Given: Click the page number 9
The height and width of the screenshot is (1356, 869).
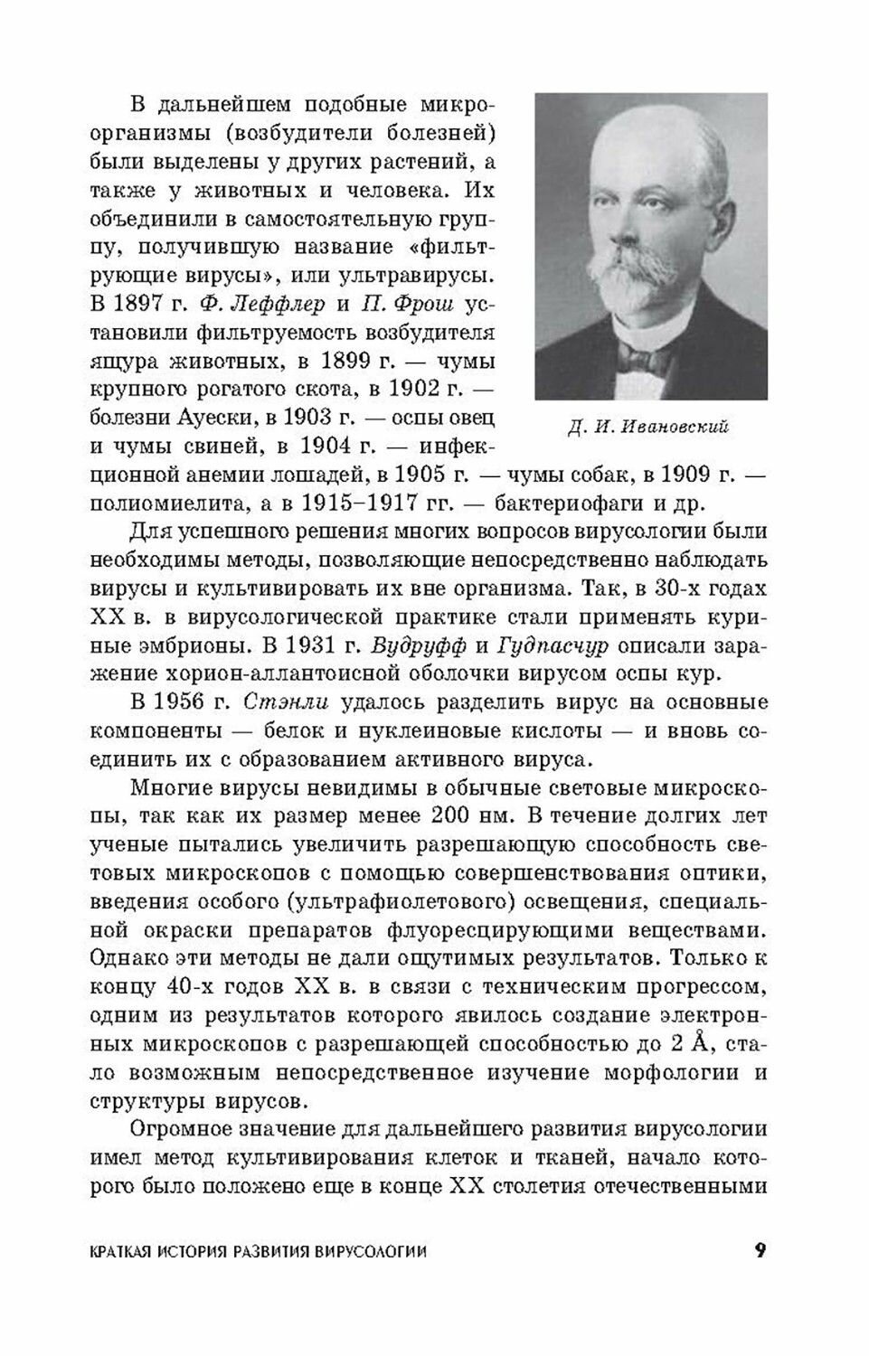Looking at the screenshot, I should coord(760,1251).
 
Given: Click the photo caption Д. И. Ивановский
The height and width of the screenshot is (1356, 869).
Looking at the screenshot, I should coord(648,428).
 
